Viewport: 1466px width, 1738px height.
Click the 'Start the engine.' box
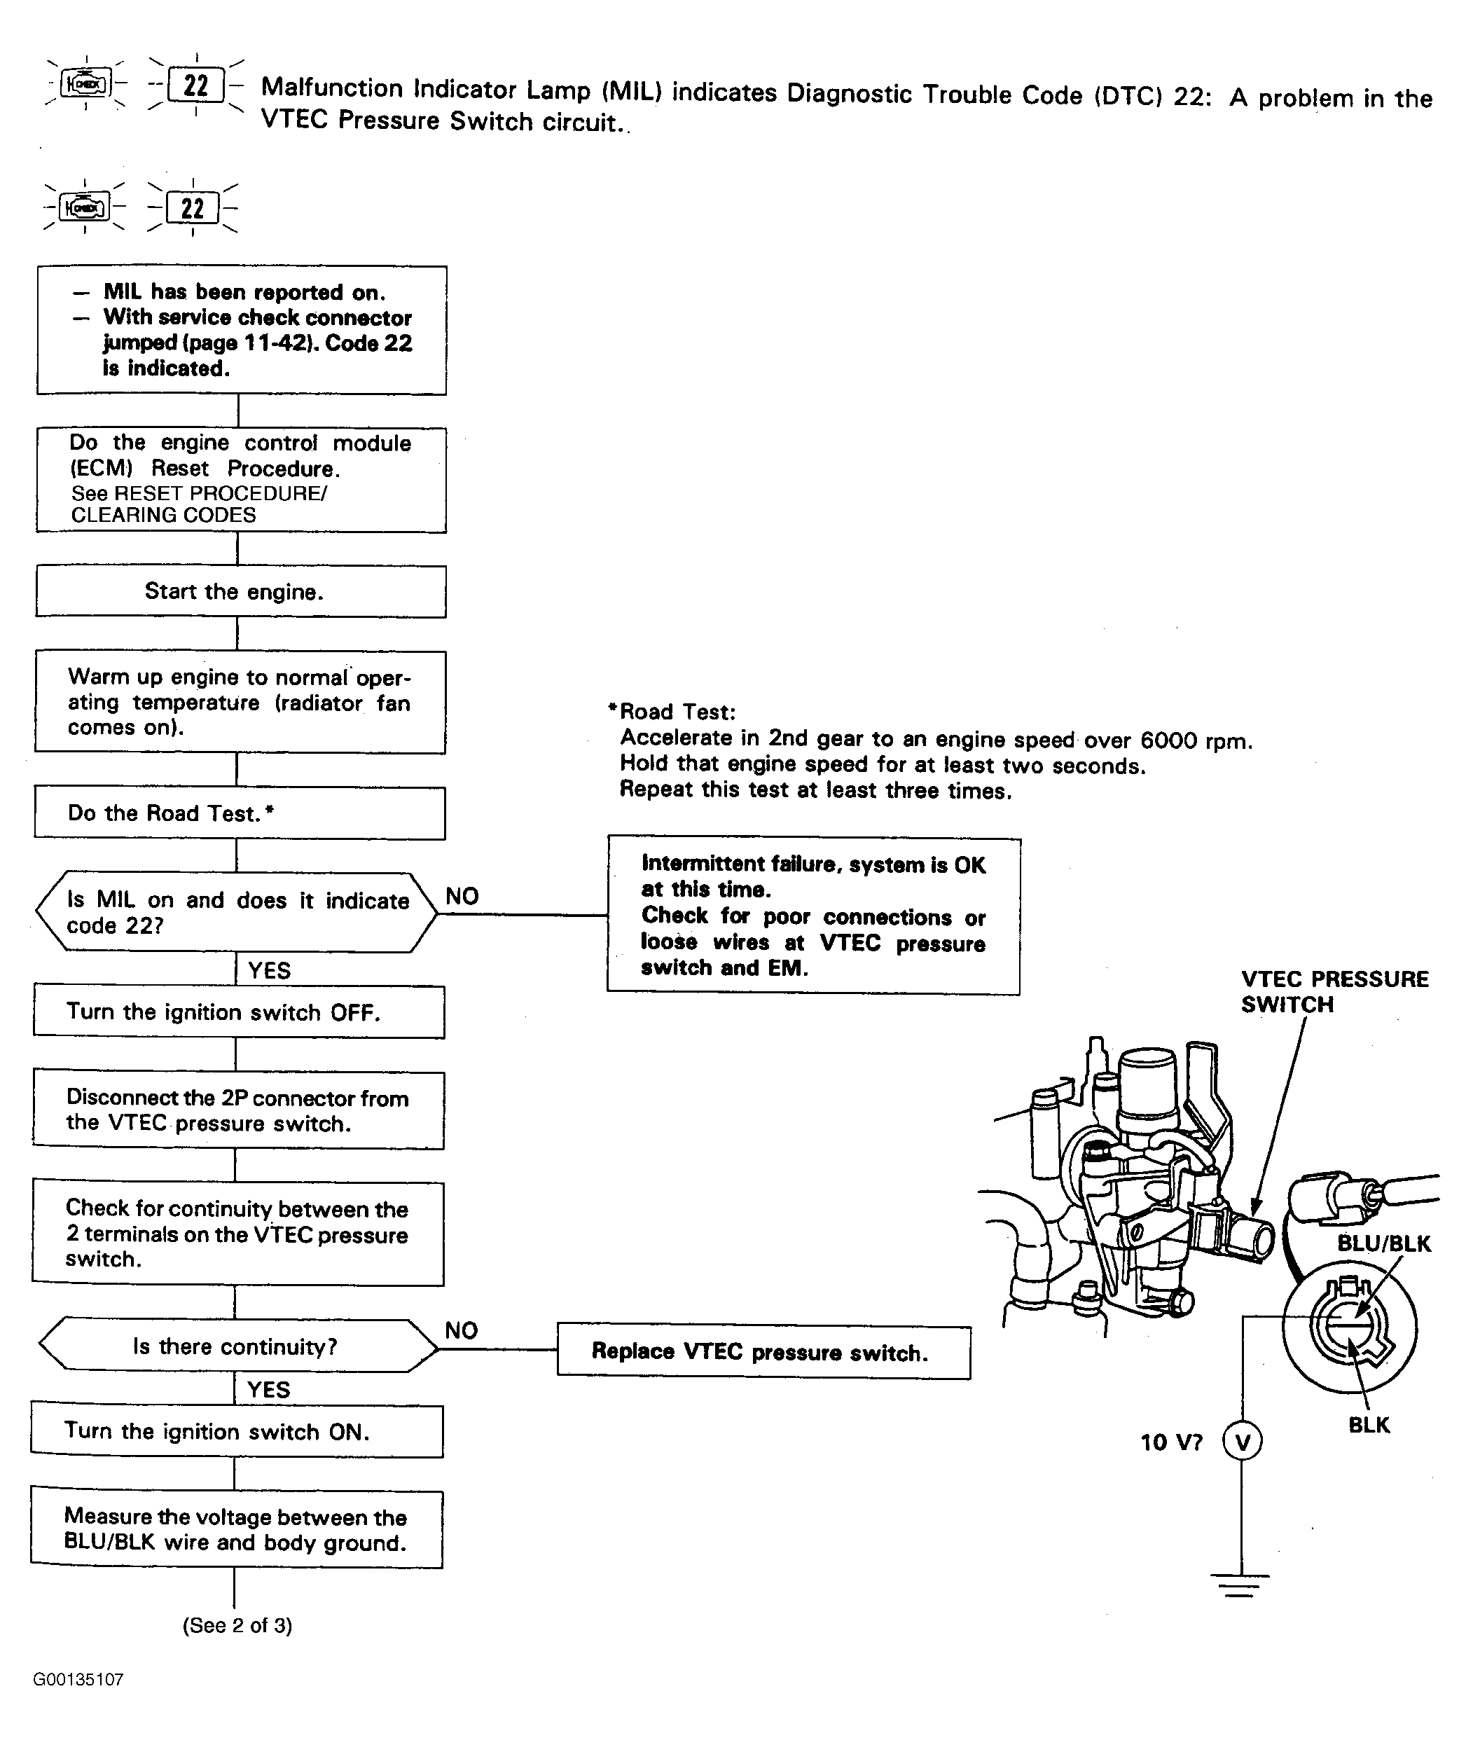240,592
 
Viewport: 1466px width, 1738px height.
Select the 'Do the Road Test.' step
240,813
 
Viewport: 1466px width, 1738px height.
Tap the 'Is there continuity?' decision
236,1346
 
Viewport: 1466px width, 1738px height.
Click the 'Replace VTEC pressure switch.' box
763,1351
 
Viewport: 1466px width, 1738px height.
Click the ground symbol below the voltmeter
1240,1582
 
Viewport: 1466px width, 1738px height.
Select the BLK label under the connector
1369,1425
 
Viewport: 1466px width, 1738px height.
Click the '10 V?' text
1171,1442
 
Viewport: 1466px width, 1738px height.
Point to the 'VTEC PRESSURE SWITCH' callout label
1334,992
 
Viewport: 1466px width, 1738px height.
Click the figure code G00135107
78,1679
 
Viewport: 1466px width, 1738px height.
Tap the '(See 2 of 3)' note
237,1625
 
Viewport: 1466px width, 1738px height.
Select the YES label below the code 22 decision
269,970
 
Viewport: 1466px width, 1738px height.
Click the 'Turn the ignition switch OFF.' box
239,1012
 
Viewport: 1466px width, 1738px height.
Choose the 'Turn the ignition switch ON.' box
237,1431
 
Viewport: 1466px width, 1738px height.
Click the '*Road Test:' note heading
672,712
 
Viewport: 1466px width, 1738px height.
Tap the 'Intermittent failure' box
814,916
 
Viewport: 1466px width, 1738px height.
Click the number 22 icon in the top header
195,85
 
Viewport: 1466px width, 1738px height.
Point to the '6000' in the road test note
1168,740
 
